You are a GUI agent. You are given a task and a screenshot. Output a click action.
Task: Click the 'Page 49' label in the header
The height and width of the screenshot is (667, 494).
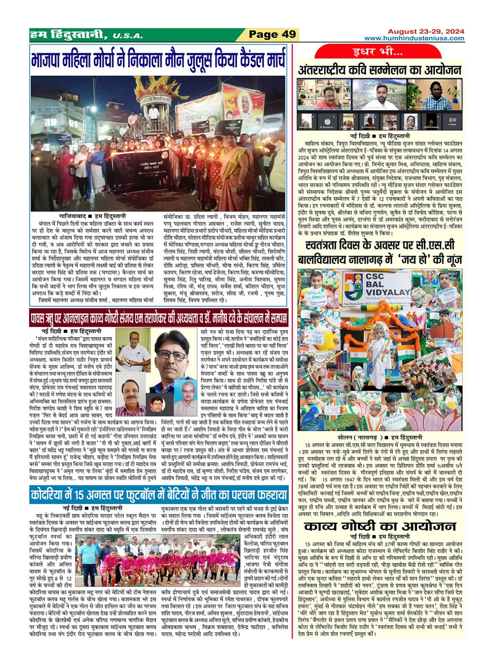click(272, 35)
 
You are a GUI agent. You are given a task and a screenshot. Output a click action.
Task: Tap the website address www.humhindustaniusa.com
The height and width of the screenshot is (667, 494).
click(414, 39)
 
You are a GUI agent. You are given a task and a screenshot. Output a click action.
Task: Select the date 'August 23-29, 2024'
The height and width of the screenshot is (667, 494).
click(426, 31)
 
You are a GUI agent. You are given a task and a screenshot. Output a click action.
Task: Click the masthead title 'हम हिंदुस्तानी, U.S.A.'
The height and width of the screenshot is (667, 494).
click(86, 35)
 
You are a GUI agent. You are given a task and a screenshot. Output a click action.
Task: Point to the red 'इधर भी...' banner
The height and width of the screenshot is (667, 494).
click(377, 52)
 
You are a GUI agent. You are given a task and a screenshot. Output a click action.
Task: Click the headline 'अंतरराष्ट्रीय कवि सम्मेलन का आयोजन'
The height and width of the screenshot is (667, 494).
click(380, 70)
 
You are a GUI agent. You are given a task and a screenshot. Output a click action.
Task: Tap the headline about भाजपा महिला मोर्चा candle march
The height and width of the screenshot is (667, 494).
click(158, 60)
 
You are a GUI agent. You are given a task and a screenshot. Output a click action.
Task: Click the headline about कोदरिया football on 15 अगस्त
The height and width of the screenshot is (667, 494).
click(158, 495)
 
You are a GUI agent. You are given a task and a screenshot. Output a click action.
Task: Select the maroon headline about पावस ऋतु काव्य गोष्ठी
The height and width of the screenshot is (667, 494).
click(158, 319)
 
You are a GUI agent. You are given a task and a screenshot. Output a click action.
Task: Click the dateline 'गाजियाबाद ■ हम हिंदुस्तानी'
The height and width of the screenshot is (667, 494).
click(92, 216)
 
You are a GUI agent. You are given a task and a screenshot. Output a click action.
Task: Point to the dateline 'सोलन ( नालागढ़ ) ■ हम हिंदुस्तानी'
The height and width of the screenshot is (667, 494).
click(380, 437)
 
